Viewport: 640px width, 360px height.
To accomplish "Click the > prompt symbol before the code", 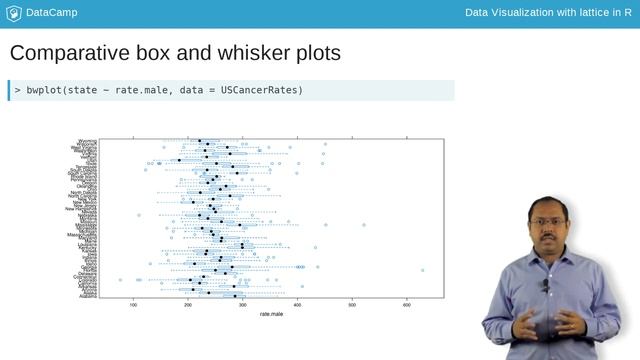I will (18, 90).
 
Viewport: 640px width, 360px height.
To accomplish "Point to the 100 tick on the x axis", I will (134, 305).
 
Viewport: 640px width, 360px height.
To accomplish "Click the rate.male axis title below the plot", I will (271, 316).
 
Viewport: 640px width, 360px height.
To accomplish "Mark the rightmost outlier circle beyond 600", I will (423, 270).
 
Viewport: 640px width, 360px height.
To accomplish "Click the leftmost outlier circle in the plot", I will (120, 280).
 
